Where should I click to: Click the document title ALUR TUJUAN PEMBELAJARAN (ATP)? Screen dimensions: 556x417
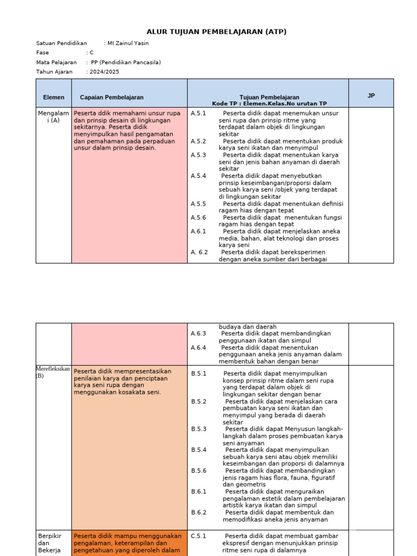point(216,32)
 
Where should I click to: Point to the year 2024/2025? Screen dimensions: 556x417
point(105,72)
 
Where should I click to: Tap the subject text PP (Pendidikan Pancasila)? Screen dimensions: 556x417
point(126,62)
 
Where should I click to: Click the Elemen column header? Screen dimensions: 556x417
point(54,97)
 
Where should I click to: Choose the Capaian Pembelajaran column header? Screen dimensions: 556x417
point(112,97)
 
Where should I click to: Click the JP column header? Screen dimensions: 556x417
point(371,96)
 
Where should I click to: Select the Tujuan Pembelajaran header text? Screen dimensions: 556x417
point(269,97)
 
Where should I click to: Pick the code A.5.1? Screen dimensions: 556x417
point(199,113)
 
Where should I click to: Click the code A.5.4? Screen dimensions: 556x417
point(199,176)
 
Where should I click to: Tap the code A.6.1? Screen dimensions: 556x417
point(199,231)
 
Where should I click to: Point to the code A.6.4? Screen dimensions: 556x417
point(199,347)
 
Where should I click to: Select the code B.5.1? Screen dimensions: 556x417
point(199,374)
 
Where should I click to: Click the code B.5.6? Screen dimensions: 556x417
point(199,471)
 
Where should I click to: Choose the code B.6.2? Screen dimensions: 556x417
point(199,512)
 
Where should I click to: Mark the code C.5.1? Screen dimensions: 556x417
point(199,536)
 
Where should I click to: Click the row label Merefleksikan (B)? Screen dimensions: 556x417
point(53,372)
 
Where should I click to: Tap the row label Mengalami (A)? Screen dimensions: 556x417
point(53,117)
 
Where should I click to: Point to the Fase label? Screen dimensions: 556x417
point(42,53)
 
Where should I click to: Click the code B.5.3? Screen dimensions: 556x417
point(199,429)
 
